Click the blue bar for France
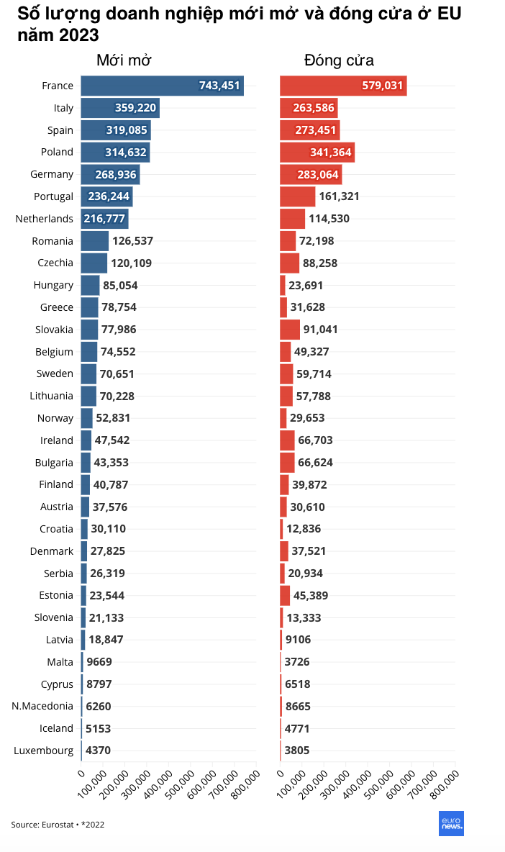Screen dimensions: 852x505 [x=162, y=86]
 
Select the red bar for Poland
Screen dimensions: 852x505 [x=317, y=152]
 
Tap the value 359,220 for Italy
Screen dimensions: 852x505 [x=135, y=108]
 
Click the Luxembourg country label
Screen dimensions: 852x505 [x=43, y=751]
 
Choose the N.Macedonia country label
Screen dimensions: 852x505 [x=42, y=706]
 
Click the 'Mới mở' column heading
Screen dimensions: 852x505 [x=124, y=60]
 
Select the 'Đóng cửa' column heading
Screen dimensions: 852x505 [x=339, y=60]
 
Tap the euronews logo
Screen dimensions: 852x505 [x=451, y=823]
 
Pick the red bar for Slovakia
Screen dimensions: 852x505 [x=290, y=330]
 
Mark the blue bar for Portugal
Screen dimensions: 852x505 [x=106, y=196]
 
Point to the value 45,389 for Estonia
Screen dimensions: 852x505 [x=314, y=595]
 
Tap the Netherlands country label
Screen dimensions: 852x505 [x=45, y=219]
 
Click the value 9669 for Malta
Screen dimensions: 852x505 [x=99, y=662]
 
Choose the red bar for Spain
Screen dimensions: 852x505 [x=309, y=130]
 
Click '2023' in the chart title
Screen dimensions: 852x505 [x=76, y=35]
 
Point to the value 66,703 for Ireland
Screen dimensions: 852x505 [x=315, y=440]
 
